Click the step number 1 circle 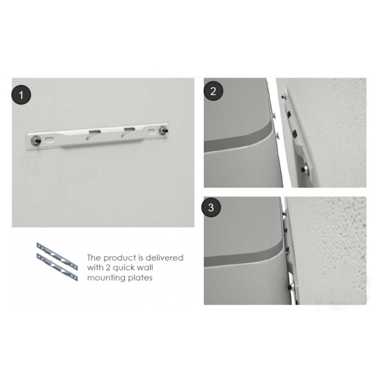click(x=21, y=95)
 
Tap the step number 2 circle click(x=213, y=91)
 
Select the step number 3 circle click(x=211, y=207)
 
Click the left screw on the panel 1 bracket click(x=36, y=140)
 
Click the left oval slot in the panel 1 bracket click(x=49, y=140)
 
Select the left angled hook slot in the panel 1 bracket click(x=93, y=135)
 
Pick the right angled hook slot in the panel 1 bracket click(x=128, y=132)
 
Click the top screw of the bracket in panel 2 click(x=284, y=97)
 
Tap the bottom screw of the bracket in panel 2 click(x=304, y=169)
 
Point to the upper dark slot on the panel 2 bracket click(x=290, y=114)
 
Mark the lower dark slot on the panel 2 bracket click(x=295, y=134)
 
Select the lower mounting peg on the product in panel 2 click(x=277, y=134)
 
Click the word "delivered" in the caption click(x=164, y=258)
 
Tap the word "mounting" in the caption click(x=106, y=278)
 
